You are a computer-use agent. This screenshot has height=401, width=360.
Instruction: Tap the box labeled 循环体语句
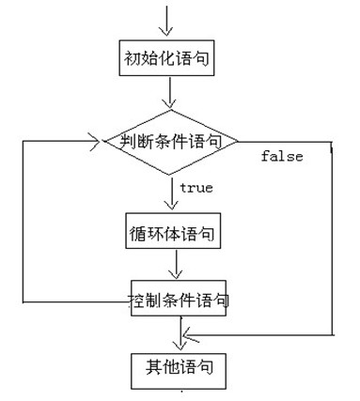173,232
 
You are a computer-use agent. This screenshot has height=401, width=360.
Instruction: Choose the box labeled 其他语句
178,369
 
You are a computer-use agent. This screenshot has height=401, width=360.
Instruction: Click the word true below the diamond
196,188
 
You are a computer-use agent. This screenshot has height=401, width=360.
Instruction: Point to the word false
282,157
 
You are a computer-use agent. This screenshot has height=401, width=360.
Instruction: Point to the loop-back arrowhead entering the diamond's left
94,143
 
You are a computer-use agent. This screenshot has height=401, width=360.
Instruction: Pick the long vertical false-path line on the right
333,239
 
